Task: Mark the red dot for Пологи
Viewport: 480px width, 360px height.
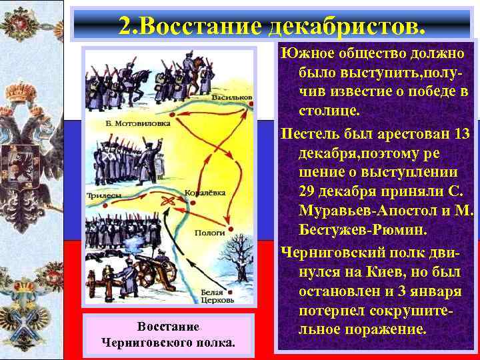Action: pyautogui.click(x=231, y=228)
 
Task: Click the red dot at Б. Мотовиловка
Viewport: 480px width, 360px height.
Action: pyautogui.click(x=171, y=123)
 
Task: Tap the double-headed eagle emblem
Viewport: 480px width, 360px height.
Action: pyautogui.click(x=30, y=167)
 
